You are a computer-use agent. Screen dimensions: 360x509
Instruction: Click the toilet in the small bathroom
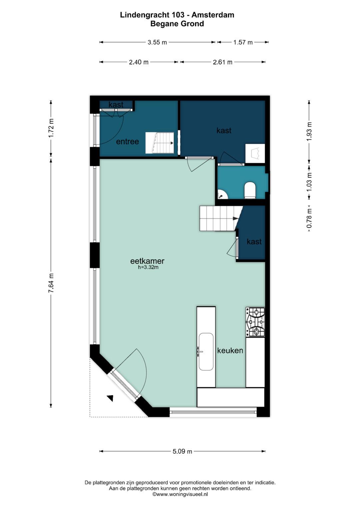(x=250, y=190)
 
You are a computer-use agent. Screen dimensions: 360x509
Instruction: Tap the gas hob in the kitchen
(x=255, y=322)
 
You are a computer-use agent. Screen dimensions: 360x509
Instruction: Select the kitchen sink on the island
(x=206, y=352)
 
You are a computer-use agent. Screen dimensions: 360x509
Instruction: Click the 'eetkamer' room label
(x=147, y=261)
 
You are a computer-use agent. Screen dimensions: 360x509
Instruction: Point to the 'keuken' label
(x=230, y=350)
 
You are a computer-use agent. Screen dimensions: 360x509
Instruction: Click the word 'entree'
(x=127, y=142)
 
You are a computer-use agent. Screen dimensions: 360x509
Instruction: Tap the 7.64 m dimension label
(x=51, y=283)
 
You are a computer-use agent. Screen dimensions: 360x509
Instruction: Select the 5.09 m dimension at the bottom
(x=182, y=451)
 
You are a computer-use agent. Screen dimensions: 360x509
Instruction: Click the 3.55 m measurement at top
(x=157, y=42)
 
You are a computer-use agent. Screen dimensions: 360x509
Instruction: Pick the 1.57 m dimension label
(x=243, y=42)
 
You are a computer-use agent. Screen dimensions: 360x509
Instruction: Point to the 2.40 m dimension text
(x=139, y=62)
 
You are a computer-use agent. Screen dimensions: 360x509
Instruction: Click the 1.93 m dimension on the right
(x=309, y=131)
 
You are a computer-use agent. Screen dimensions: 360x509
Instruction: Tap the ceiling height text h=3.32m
(x=148, y=267)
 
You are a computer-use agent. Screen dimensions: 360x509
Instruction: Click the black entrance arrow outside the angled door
(x=110, y=398)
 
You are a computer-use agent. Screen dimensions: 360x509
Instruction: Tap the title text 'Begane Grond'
(x=177, y=24)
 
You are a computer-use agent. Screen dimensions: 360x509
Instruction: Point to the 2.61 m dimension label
(x=223, y=62)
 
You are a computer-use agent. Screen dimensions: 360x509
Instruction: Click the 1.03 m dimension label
(x=309, y=182)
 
